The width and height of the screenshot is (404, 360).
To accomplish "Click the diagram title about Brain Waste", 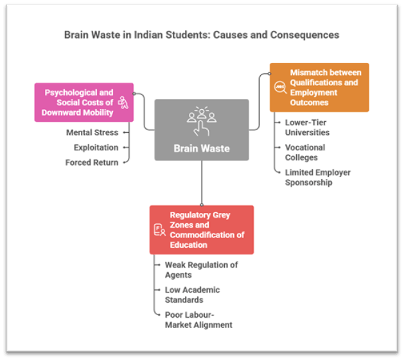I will pos(202,34).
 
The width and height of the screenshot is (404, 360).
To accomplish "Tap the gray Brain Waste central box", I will pos(201,129).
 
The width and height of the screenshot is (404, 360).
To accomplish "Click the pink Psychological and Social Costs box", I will pos(84,102).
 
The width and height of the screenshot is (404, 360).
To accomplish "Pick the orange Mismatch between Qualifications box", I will pos(319,87).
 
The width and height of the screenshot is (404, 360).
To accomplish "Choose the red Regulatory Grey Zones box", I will pos(201,230).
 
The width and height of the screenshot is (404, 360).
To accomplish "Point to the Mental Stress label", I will pos(92,133).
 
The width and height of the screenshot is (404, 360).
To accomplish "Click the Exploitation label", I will pos(96,148).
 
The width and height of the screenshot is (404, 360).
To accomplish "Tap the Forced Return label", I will pos(92,162).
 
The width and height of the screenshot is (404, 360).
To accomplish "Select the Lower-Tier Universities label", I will pos(308,127).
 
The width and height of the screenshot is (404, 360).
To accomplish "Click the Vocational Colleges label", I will pos(305,152).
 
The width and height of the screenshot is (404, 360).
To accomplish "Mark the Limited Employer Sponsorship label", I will pos(318,177).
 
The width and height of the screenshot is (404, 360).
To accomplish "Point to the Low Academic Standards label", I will pos(193,295).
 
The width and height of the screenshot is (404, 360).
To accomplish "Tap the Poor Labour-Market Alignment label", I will pos(198,320).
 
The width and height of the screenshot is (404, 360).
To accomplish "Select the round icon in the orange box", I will pos(280,88).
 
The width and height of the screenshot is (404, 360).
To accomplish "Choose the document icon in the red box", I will pos(159,230).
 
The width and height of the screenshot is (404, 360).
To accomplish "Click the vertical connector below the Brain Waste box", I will pos(201,183).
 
